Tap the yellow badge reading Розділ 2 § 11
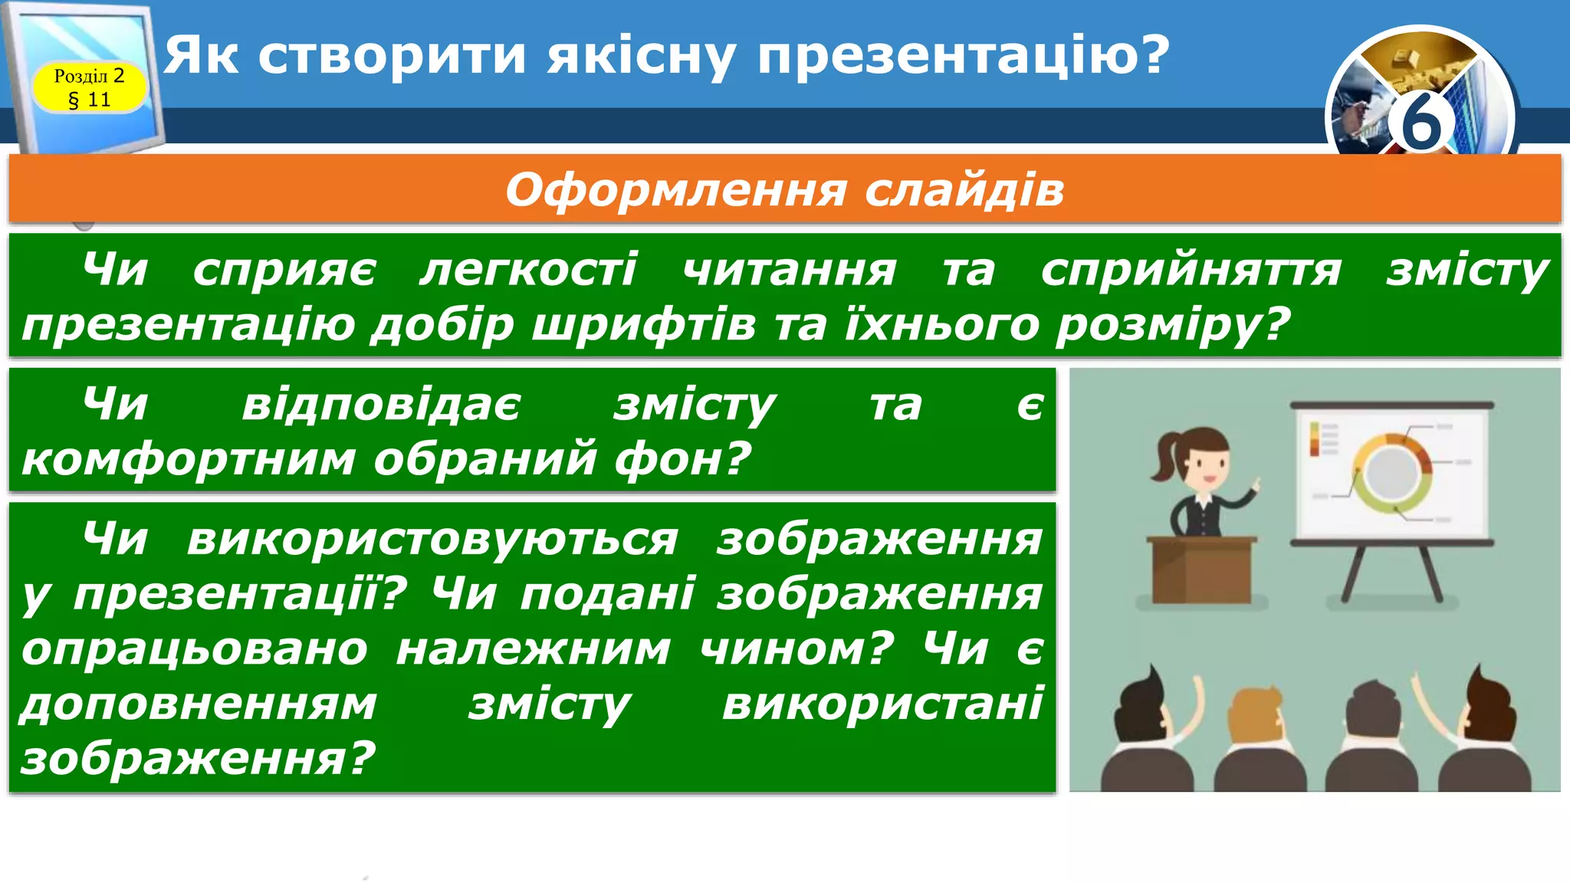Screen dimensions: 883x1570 click(x=90, y=87)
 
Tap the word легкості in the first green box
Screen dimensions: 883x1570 click(x=528, y=270)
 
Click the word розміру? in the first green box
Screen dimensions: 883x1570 click(x=1173, y=324)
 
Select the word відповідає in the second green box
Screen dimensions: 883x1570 click(x=381, y=405)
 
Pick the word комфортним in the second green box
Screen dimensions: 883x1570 click(x=189, y=458)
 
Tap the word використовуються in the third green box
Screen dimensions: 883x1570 click(x=432, y=539)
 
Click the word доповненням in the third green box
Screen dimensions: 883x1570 click(x=199, y=704)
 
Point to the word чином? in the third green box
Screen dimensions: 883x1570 click(x=797, y=648)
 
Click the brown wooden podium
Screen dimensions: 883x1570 click(x=1201, y=571)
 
